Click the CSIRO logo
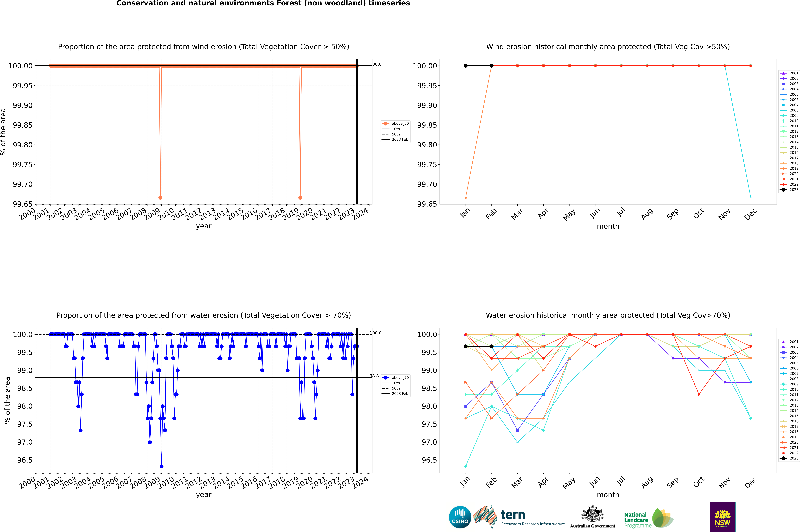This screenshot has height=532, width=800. click(x=460, y=517)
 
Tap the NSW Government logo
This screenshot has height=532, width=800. click(x=722, y=517)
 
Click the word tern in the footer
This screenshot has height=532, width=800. click(x=513, y=515)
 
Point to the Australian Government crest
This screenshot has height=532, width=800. click(x=592, y=515)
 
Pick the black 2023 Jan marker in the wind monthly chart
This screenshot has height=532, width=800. click(x=466, y=66)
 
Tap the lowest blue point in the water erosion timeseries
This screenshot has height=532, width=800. click(x=161, y=466)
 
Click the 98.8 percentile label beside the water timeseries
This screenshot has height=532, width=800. click(x=374, y=376)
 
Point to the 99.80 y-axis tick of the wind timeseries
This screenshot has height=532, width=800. click(x=23, y=145)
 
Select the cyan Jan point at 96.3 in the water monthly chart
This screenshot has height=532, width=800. click(x=466, y=466)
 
